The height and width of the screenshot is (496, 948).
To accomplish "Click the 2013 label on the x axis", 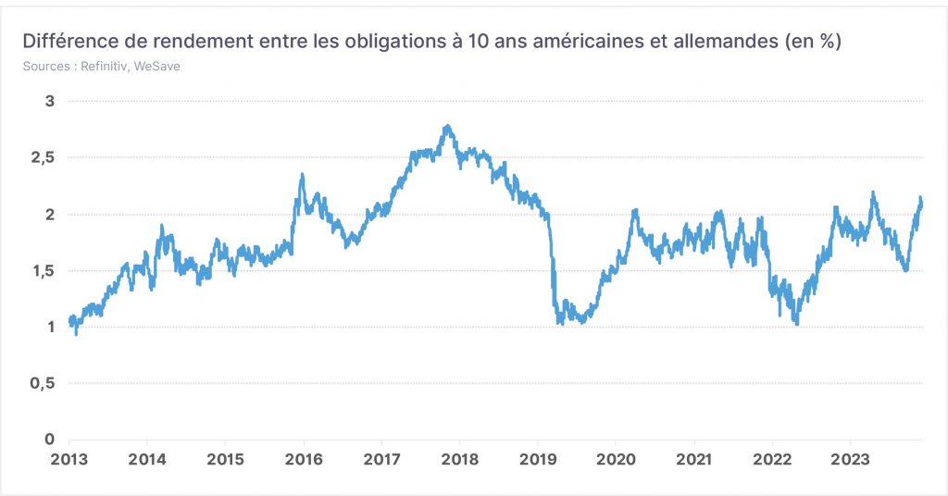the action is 69,459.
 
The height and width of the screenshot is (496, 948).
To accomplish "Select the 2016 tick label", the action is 304,459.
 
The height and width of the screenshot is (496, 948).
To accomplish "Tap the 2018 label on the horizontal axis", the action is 460,459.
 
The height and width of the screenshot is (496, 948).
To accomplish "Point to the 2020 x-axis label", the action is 616,459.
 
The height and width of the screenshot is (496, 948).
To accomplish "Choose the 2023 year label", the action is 850,459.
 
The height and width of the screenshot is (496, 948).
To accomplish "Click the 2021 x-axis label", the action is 694,459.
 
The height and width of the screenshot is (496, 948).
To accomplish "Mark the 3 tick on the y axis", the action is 50,101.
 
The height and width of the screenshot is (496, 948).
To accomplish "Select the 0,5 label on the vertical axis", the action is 43,383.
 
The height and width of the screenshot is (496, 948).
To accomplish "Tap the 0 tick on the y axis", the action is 50,440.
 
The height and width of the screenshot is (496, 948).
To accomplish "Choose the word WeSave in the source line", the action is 156,67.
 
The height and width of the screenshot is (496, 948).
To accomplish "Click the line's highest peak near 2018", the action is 447,126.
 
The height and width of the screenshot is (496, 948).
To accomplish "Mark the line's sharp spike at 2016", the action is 302,175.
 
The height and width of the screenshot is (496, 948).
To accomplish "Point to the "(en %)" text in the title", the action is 813,43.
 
